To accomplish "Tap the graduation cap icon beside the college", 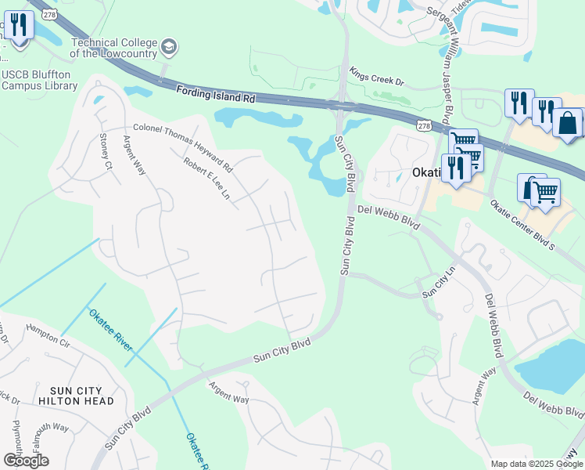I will (x=168, y=49).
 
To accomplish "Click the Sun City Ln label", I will (x=439, y=284).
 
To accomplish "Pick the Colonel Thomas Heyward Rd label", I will (x=183, y=147).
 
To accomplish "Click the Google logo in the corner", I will (x=26, y=460).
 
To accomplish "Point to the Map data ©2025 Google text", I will (x=536, y=464).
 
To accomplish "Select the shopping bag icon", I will (x=566, y=122).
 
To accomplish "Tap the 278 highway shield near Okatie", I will (x=423, y=125).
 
